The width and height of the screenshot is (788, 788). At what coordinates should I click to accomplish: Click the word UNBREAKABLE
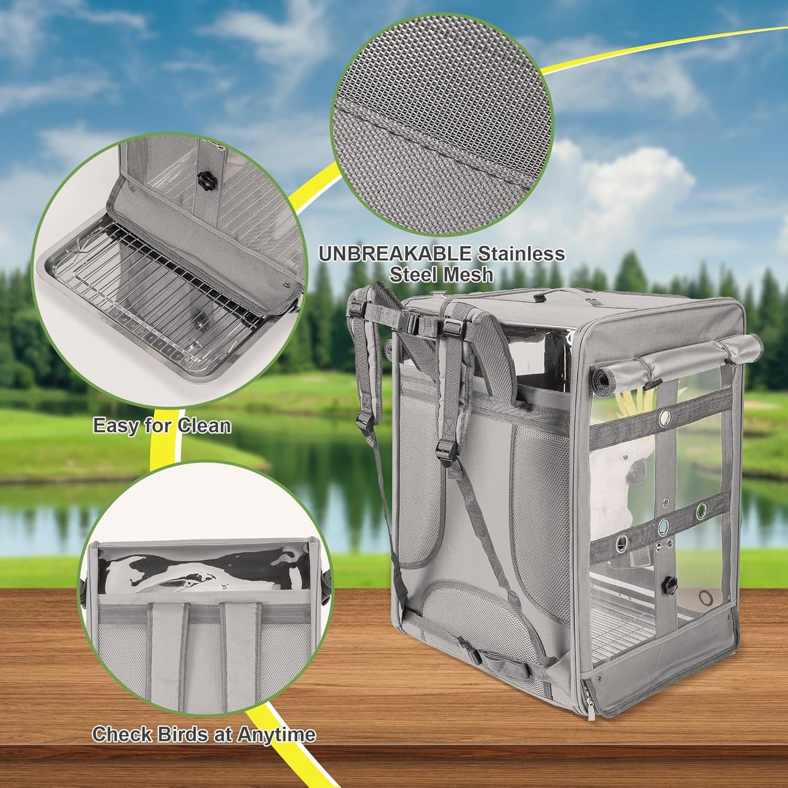tap(395, 254)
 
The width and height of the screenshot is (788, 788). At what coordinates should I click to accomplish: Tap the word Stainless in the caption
tap(521, 254)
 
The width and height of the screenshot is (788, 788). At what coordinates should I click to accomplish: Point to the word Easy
tap(116, 425)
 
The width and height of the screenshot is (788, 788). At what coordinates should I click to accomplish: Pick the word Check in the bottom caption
tap(122, 734)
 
